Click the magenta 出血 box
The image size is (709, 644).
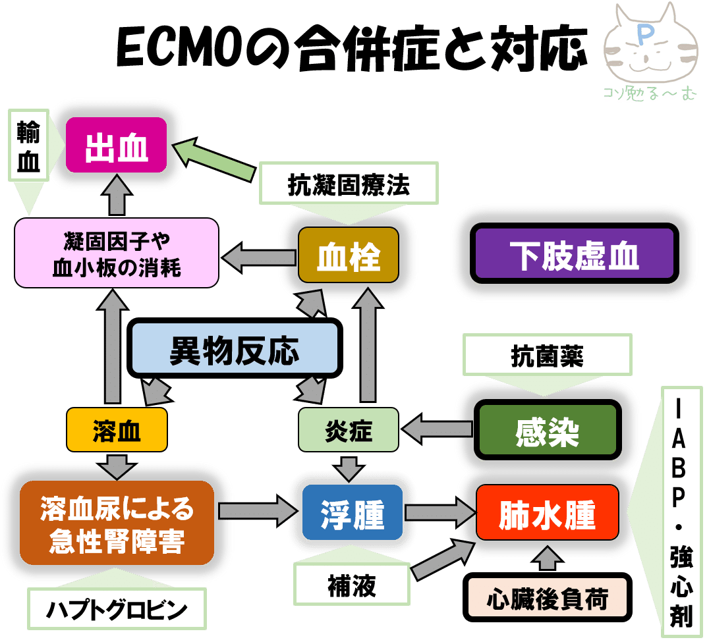117,146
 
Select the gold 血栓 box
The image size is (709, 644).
349,256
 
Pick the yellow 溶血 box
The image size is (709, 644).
117,431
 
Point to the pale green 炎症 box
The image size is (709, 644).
349,431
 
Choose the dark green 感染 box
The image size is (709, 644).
548,431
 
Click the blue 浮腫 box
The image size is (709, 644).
352,513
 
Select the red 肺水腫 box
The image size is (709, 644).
547,513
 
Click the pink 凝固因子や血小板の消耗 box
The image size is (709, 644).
117,252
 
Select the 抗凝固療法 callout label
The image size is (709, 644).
349,184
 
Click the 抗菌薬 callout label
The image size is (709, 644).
547,356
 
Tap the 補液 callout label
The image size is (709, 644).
352,585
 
